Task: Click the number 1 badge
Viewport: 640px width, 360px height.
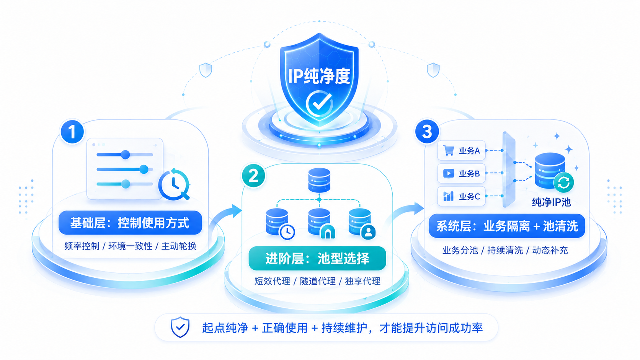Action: [x=72, y=132]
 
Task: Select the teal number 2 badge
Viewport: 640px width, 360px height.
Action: [x=253, y=176]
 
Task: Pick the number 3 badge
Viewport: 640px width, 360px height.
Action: [x=427, y=132]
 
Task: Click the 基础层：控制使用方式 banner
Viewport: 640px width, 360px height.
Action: [x=130, y=223]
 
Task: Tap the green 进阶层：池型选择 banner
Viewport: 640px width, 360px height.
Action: [x=317, y=258]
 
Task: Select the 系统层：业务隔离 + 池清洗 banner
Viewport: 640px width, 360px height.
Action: [x=507, y=226]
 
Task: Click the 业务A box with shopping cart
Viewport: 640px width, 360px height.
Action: [x=461, y=150]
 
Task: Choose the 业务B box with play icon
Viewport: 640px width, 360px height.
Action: [x=461, y=173]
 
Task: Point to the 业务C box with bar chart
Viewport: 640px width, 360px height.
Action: [x=461, y=196]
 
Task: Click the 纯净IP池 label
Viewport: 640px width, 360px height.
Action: [x=551, y=202]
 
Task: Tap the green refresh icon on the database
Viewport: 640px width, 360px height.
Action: [x=563, y=182]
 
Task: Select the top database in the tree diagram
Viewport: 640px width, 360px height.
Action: [x=320, y=180]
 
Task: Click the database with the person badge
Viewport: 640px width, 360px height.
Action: [x=362, y=223]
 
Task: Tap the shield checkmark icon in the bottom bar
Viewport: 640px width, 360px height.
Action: [x=180, y=327]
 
